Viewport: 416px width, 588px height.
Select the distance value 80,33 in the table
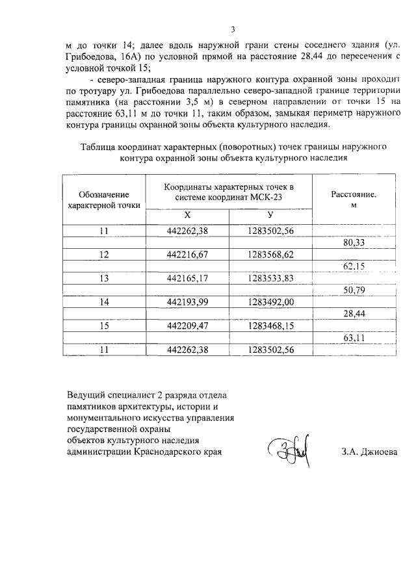(x=354, y=243)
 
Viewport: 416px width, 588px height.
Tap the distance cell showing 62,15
(x=354, y=266)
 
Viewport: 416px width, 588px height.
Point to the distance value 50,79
(x=354, y=290)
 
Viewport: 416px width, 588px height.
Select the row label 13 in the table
(x=104, y=279)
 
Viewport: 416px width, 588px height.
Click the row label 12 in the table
(x=104, y=255)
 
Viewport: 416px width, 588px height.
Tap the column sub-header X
(x=187, y=216)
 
